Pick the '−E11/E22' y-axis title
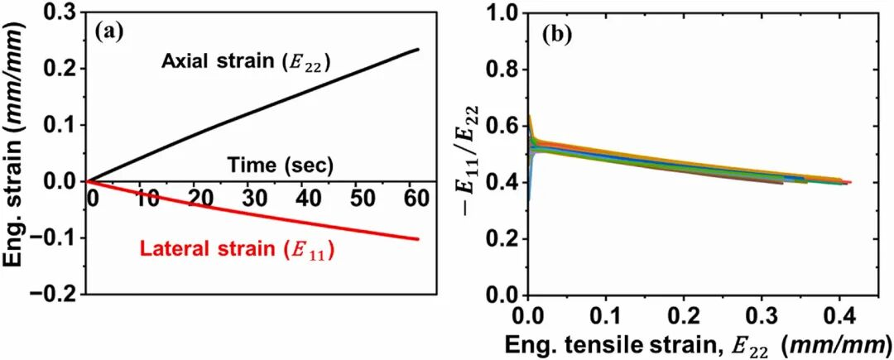pos(470,155)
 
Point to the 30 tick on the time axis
pos(255,199)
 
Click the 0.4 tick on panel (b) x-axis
pos(837,316)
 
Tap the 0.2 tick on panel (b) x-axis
pos(683,316)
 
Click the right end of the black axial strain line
pos(418,50)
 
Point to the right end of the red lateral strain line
pos(418,238)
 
